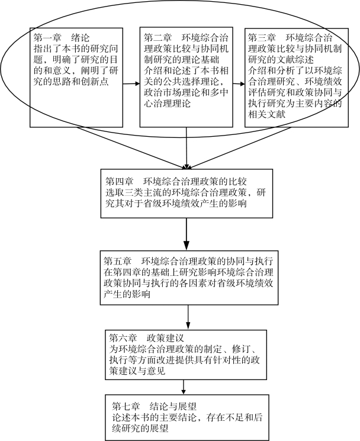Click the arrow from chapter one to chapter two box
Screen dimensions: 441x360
(x=131, y=85)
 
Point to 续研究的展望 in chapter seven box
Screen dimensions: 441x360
(x=143, y=430)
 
